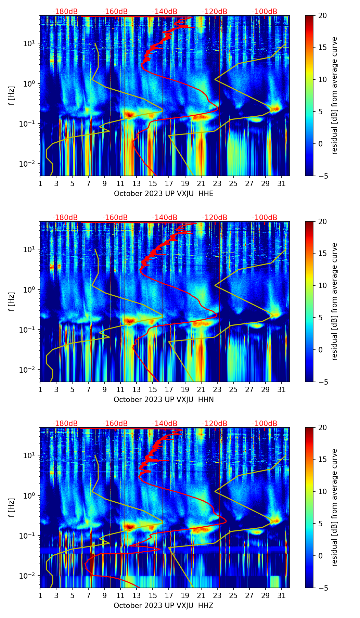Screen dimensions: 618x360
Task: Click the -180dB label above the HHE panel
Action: point(65,12)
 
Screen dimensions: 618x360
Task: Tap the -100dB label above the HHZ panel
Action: point(265,424)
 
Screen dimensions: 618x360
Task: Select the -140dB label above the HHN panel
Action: point(165,218)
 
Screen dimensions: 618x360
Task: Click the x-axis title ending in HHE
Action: point(164,194)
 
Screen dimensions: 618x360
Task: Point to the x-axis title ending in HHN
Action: point(164,400)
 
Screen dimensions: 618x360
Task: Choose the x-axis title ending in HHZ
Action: point(164,606)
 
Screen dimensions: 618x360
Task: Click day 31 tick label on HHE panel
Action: point(282,184)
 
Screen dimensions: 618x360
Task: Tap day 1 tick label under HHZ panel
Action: point(40,596)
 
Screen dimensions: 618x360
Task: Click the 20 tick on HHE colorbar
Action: point(322,16)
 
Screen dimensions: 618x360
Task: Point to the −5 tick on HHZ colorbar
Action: point(322,588)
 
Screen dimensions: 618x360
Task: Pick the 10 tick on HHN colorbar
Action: point(322,285)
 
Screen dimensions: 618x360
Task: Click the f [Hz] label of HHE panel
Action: point(12,96)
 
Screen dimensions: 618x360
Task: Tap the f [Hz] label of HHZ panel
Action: point(12,508)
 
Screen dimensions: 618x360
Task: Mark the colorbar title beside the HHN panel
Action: point(335,301)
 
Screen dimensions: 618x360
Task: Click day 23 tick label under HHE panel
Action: point(217,184)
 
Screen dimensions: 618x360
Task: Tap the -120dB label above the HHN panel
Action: point(215,218)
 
